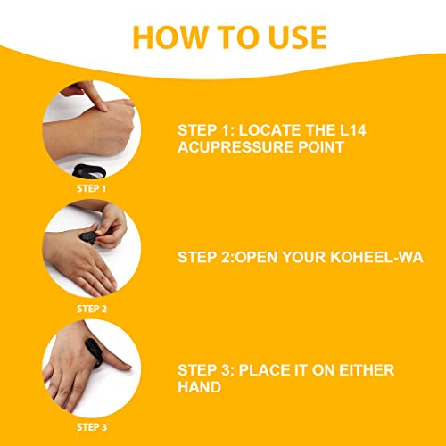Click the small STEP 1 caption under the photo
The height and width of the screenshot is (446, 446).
[91, 189]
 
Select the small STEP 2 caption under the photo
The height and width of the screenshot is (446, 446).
[91, 309]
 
